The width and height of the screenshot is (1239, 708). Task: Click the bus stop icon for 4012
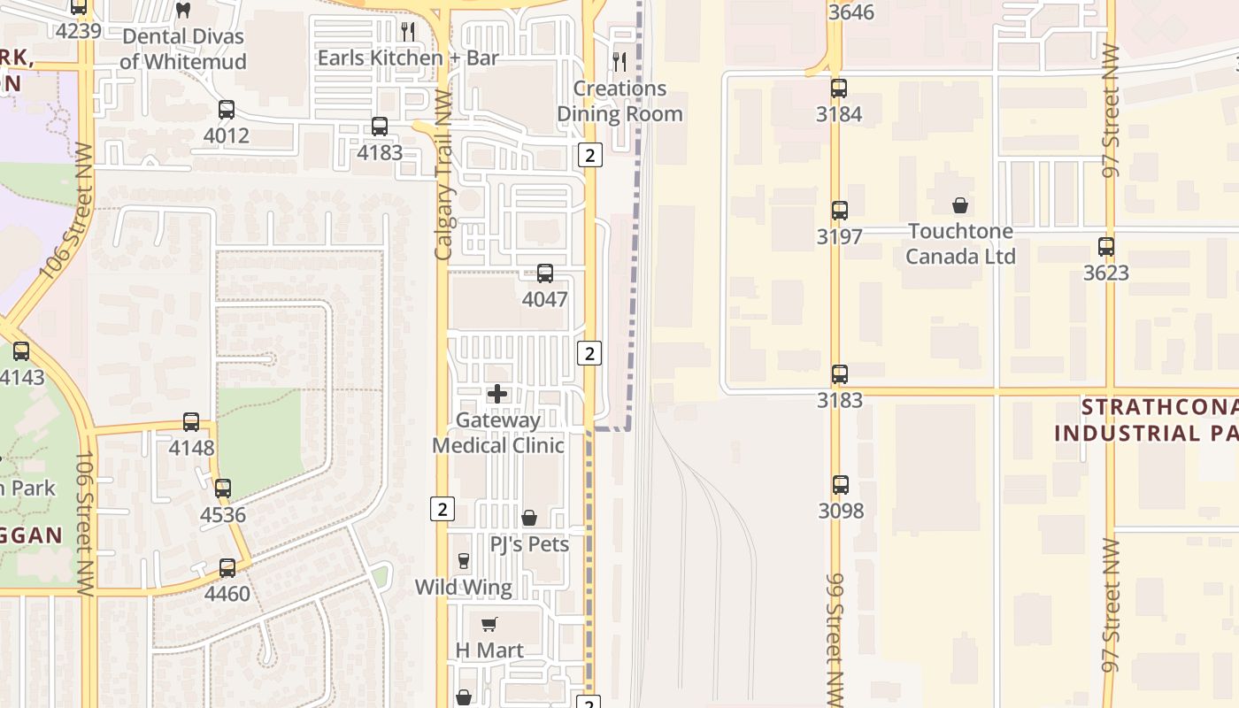tap(227, 110)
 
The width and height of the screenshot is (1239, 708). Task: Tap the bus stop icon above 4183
tap(380, 127)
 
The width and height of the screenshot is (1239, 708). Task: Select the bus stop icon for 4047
tap(545, 273)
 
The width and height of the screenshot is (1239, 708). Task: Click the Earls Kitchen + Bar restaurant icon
tap(408, 32)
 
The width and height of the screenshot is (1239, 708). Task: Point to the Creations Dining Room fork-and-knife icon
tap(619, 62)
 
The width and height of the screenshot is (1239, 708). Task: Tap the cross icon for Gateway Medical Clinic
tap(497, 394)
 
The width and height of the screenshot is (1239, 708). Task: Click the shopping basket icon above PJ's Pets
tap(529, 518)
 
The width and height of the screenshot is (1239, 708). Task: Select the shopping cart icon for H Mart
tap(489, 624)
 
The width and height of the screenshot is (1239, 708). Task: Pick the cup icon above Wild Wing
tap(463, 561)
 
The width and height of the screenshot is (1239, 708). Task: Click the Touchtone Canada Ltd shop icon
tap(960, 205)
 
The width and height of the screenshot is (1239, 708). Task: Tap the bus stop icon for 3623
tap(1106, 247)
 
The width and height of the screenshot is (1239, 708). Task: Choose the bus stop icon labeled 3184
tap(839, 88)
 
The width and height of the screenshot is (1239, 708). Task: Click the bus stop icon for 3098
tap(841, 485)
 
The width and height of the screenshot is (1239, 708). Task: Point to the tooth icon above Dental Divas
tap(183, 11)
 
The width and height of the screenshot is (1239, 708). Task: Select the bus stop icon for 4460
tap(227, 567)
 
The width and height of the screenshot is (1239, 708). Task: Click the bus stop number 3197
tap(840, 236)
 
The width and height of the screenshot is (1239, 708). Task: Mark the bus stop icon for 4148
tap(191, 422)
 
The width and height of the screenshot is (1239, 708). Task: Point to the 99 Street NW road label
tap(835, 635)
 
